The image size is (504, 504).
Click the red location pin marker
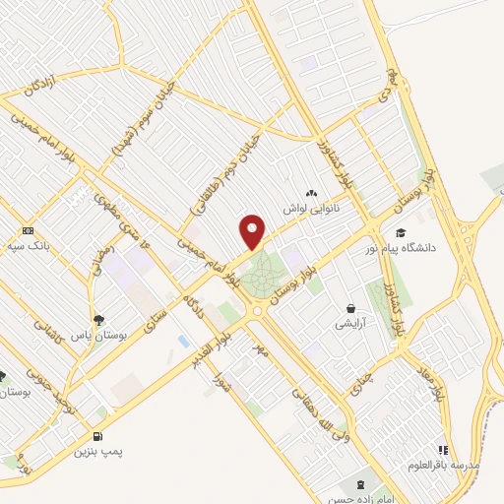point(253,229)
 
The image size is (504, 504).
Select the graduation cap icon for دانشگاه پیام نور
point(400,232)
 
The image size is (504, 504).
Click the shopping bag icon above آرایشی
point(350,308)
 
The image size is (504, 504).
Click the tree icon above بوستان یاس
point(97,319)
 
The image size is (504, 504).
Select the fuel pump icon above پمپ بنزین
point(96,437)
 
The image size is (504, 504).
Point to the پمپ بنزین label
point(100,452)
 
